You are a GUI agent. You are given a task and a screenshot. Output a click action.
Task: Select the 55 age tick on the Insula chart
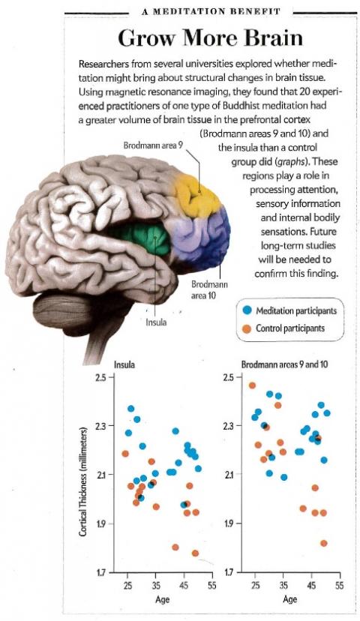[212, 586]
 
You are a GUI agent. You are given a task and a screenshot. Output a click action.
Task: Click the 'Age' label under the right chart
[289, 599]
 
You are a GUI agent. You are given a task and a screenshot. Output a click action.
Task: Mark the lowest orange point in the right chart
[324, 543]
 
